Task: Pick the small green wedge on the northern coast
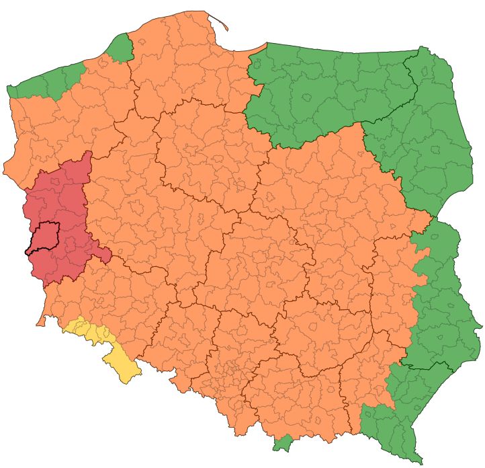tap(122, 48)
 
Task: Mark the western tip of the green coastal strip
tap(9, 89)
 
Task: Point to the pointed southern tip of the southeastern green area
tap(420, 461)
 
